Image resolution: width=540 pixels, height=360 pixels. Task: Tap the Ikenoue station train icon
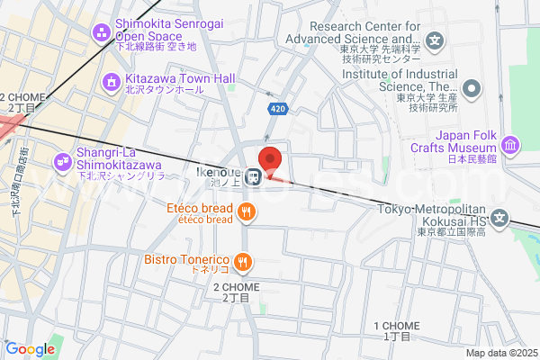point(256,176)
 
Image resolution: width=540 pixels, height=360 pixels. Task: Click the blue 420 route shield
point(277,109)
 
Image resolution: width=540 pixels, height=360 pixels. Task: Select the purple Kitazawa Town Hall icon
point(112,83)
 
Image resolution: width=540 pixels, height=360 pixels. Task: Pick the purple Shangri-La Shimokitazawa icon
point(63,161)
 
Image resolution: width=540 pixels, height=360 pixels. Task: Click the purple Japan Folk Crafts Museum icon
point(510,143)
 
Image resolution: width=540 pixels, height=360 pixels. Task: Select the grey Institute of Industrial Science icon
point(472,88)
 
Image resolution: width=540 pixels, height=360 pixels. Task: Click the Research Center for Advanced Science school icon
point(436,40)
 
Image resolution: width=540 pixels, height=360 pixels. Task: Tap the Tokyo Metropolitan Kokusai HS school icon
point(505,218)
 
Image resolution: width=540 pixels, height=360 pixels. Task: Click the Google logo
point(30,349)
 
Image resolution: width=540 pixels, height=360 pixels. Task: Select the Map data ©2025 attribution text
point(500,353)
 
